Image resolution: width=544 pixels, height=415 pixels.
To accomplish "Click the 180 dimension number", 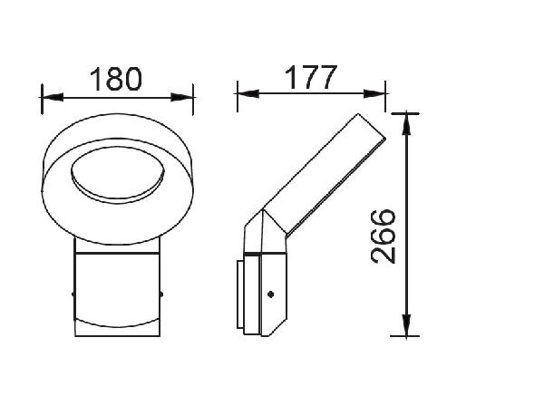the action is click(x=116, y=80).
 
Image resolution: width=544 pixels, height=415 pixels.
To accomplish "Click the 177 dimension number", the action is click(x=310, y=77).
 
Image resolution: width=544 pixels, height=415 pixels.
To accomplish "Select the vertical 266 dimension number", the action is click(x=384, y=236).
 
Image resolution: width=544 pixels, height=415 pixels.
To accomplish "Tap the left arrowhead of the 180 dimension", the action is click(x=53, y=98).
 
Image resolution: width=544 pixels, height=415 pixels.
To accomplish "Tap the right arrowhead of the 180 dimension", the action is click(x=182, y=98).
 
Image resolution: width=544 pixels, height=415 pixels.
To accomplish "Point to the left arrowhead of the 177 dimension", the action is click(x=248, y=93).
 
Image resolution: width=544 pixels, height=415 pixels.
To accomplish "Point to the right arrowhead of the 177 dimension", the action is click(x=374, y=93).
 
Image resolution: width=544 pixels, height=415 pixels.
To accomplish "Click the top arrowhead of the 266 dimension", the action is click(x=406, y=124).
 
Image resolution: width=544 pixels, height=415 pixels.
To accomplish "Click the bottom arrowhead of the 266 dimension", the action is click(x=406, y=325).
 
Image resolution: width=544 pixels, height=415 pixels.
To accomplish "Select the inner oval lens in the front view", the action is click(x=118, y=174).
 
